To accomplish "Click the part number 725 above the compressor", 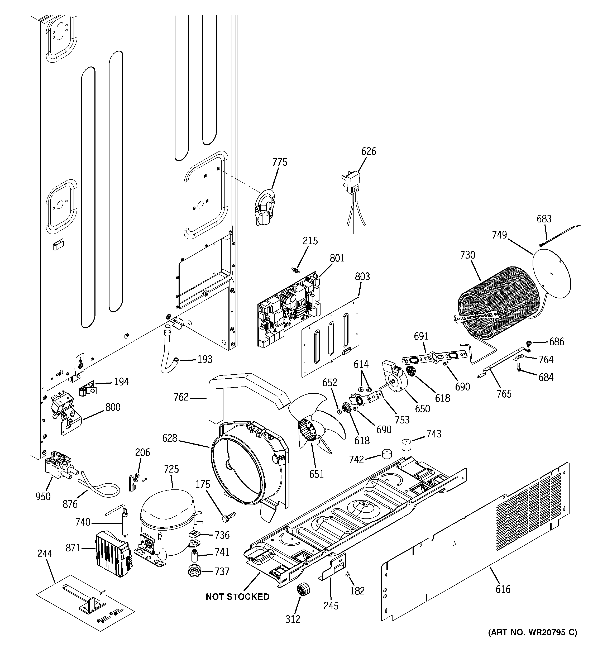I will pos(171,469).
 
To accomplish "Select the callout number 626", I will pos(369,151).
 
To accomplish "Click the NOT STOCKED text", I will pos(237,597).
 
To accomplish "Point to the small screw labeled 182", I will pos(348,574).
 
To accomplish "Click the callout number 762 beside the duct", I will pos(181,397).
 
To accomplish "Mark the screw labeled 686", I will pos(529,343).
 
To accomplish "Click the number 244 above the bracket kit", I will pos(45,554).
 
